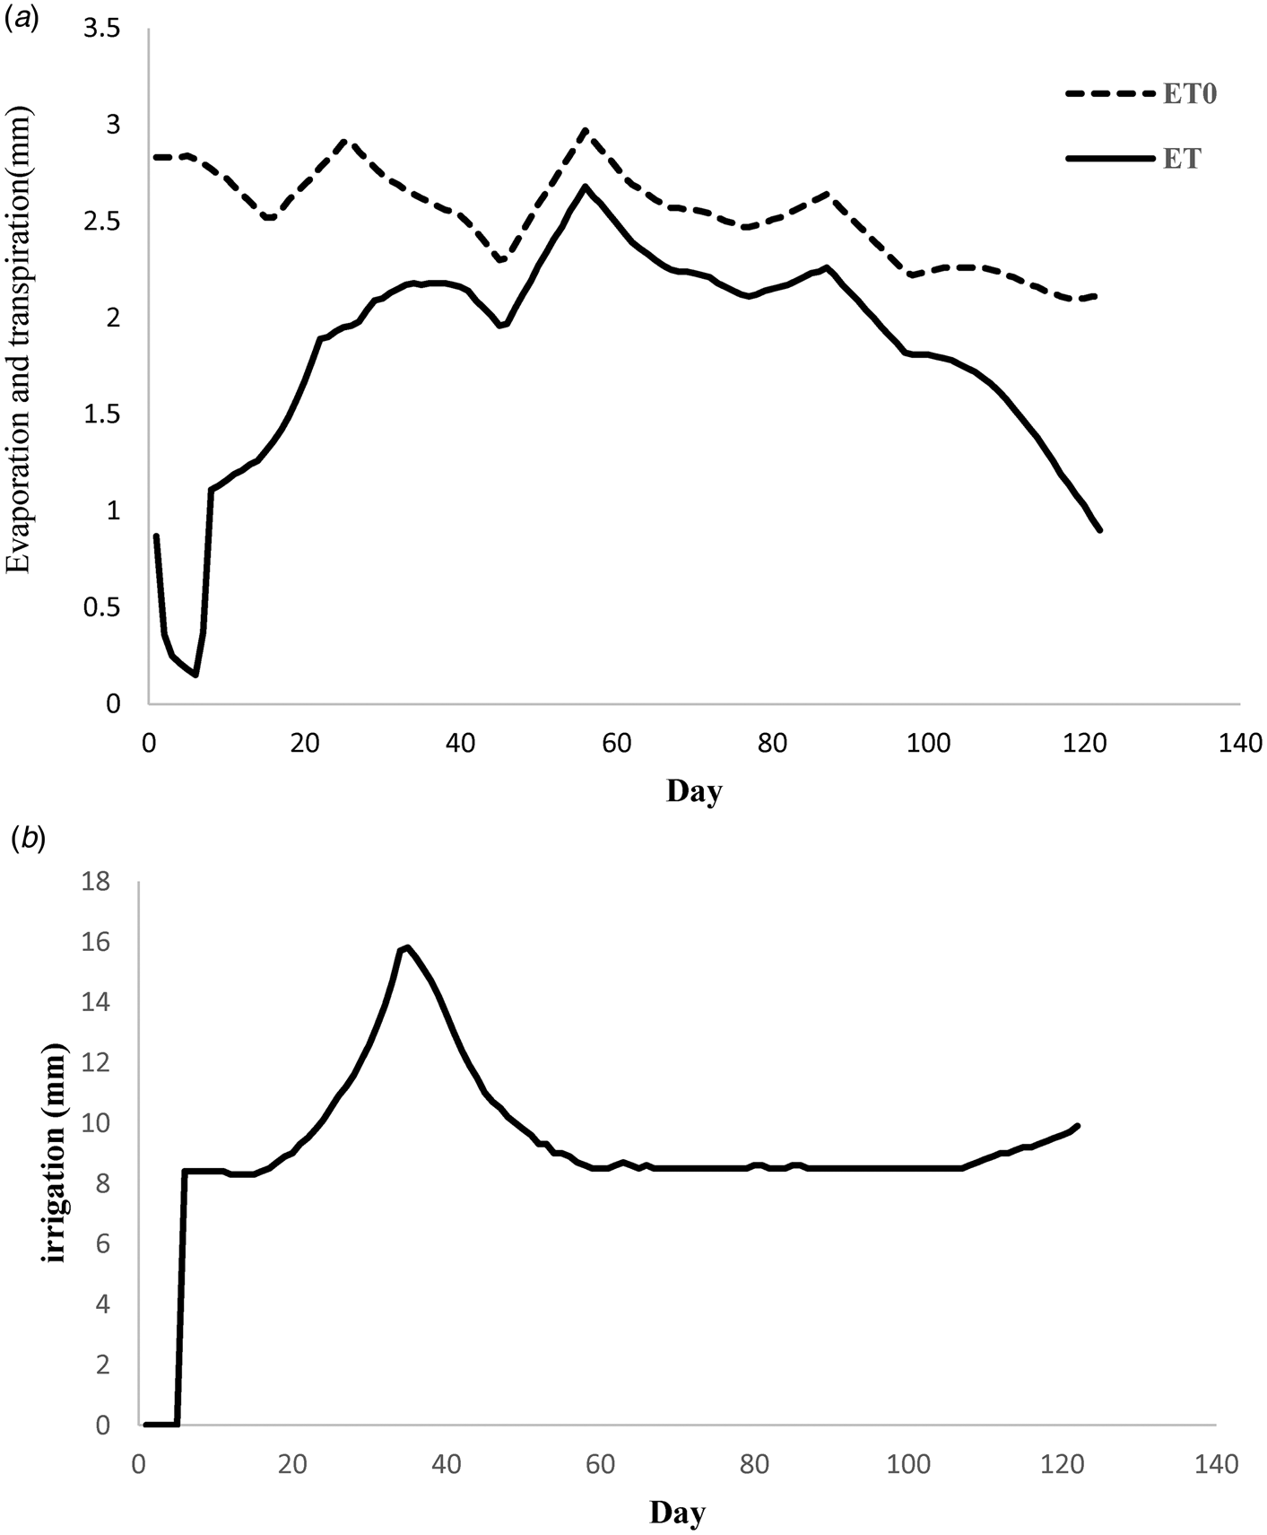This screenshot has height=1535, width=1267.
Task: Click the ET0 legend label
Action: click(x=1190, y=95)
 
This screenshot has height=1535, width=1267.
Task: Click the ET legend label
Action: click(x=1182, y=159)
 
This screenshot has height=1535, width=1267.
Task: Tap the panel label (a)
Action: click(x=22, y=19)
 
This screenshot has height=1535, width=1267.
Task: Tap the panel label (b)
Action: click(x=26, y=839)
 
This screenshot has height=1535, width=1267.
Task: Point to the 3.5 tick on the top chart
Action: click(x=100, y=30)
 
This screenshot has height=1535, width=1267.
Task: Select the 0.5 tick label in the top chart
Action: click(x=100, y=607)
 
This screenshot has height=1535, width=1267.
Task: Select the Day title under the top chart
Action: click(x=694, y=791)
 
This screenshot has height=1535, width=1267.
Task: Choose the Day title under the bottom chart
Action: click(x=677, y=1513)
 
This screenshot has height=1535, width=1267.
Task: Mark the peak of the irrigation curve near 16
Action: click(x=407, y=947)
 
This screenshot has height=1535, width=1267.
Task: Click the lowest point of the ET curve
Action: click(x=195, y=675)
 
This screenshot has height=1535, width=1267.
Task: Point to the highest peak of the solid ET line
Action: click(x=585, y=187)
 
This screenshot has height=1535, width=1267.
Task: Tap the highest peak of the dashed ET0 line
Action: click(x=585, y=131)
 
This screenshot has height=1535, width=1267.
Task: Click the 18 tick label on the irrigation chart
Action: click(x=95, y=882)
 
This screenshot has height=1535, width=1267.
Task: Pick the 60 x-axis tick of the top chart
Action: click(x=617, y=743)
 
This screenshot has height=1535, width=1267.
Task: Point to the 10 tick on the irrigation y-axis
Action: click(x=95, y=1123)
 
